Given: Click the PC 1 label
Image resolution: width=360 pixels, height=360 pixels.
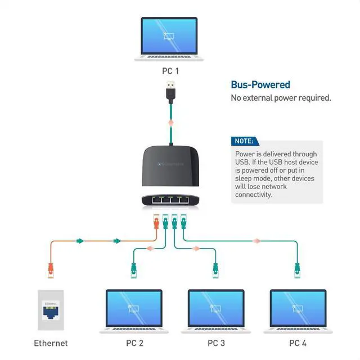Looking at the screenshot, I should point(169,71).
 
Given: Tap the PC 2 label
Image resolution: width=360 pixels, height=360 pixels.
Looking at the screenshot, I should point(133,343).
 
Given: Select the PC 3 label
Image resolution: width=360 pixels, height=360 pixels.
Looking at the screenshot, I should point(216,343).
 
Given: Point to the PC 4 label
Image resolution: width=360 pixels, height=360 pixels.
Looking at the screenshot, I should point(298,343).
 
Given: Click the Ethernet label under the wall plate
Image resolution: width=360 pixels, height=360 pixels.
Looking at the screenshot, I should point(51,343).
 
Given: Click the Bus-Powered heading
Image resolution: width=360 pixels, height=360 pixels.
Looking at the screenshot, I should point(260,85).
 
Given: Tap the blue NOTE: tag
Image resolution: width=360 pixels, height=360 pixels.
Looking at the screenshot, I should point(244,141).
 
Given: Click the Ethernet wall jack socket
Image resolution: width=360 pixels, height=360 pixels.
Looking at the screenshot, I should point(51,308).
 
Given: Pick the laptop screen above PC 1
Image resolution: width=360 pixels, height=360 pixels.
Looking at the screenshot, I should point(169,35).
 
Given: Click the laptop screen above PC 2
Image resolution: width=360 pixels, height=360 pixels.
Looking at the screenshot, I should point(134,308).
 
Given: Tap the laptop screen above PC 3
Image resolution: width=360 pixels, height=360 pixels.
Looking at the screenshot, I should point(216,308).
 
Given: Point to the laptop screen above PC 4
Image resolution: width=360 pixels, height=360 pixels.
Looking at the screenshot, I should point(298,308).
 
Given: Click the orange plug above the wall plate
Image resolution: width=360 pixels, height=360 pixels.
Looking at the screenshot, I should point(51,271).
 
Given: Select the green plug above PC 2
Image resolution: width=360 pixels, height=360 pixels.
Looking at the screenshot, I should point(134,270).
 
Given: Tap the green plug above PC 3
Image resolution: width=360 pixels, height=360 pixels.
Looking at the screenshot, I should point(215,270).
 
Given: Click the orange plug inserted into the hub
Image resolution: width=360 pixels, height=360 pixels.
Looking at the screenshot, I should point(156,222).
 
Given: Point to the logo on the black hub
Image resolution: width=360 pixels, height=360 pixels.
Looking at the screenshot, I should point(168,164).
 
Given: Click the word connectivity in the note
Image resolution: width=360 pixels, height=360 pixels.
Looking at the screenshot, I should point(254,195).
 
